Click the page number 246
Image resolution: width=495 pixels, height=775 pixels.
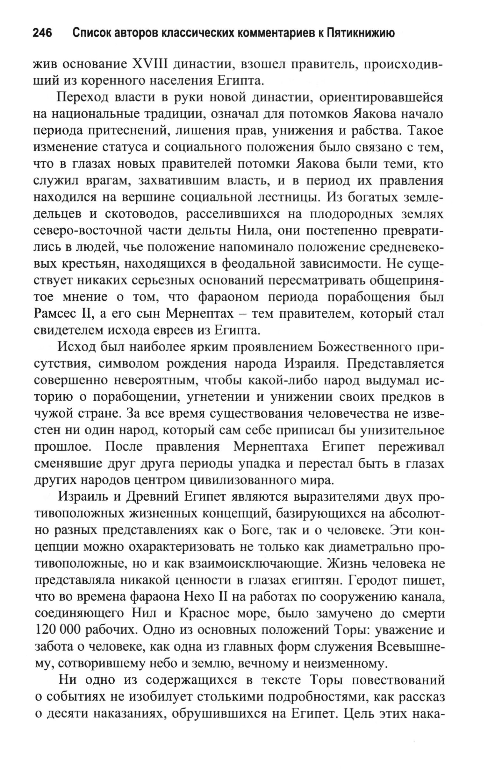coord(42,33)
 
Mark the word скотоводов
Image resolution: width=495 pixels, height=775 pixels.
coord(140,214)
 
